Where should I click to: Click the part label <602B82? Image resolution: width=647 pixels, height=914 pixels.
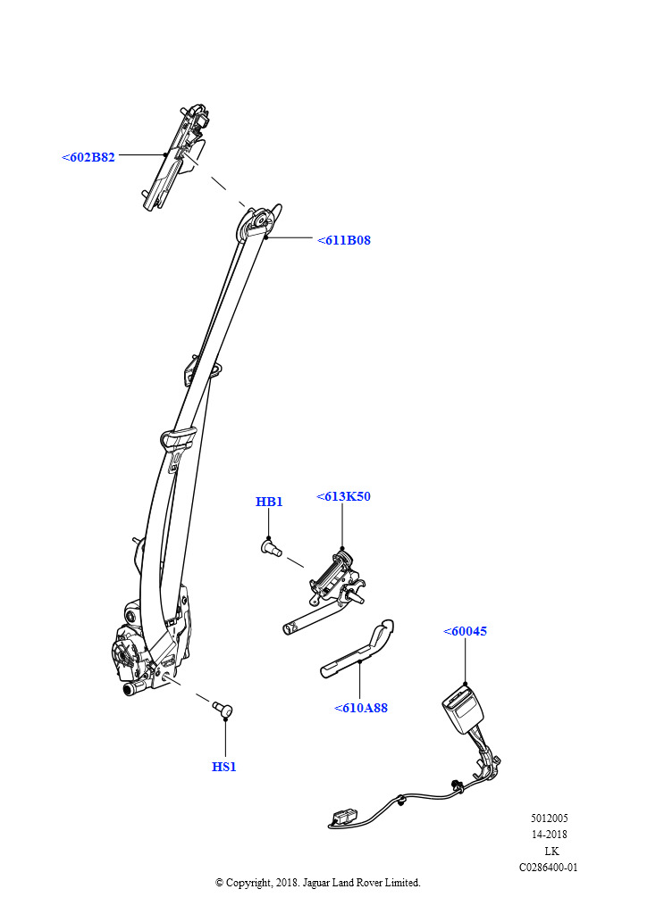click(88, 157)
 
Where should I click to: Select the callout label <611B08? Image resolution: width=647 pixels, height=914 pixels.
click(343, 240)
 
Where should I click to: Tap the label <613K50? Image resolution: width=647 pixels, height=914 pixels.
click(343, 496)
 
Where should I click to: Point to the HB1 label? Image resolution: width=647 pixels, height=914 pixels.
click(269, 502)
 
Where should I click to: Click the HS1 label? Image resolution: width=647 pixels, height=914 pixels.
click(224, 767)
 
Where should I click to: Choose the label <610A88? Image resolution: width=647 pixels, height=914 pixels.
click(361, 708)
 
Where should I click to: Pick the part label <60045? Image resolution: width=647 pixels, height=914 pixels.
click(465, 631)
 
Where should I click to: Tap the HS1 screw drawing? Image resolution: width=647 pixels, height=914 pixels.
click(222, 709)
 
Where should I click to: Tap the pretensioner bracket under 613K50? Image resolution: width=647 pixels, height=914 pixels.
click(334, 580)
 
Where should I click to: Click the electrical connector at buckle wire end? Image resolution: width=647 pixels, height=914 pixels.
click(341, 816)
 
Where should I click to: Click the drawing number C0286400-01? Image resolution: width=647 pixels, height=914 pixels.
click(549, 867)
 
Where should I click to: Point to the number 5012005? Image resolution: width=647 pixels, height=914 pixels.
click(549, 818)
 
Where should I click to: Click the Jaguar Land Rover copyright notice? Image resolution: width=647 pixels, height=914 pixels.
click(318, 883)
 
